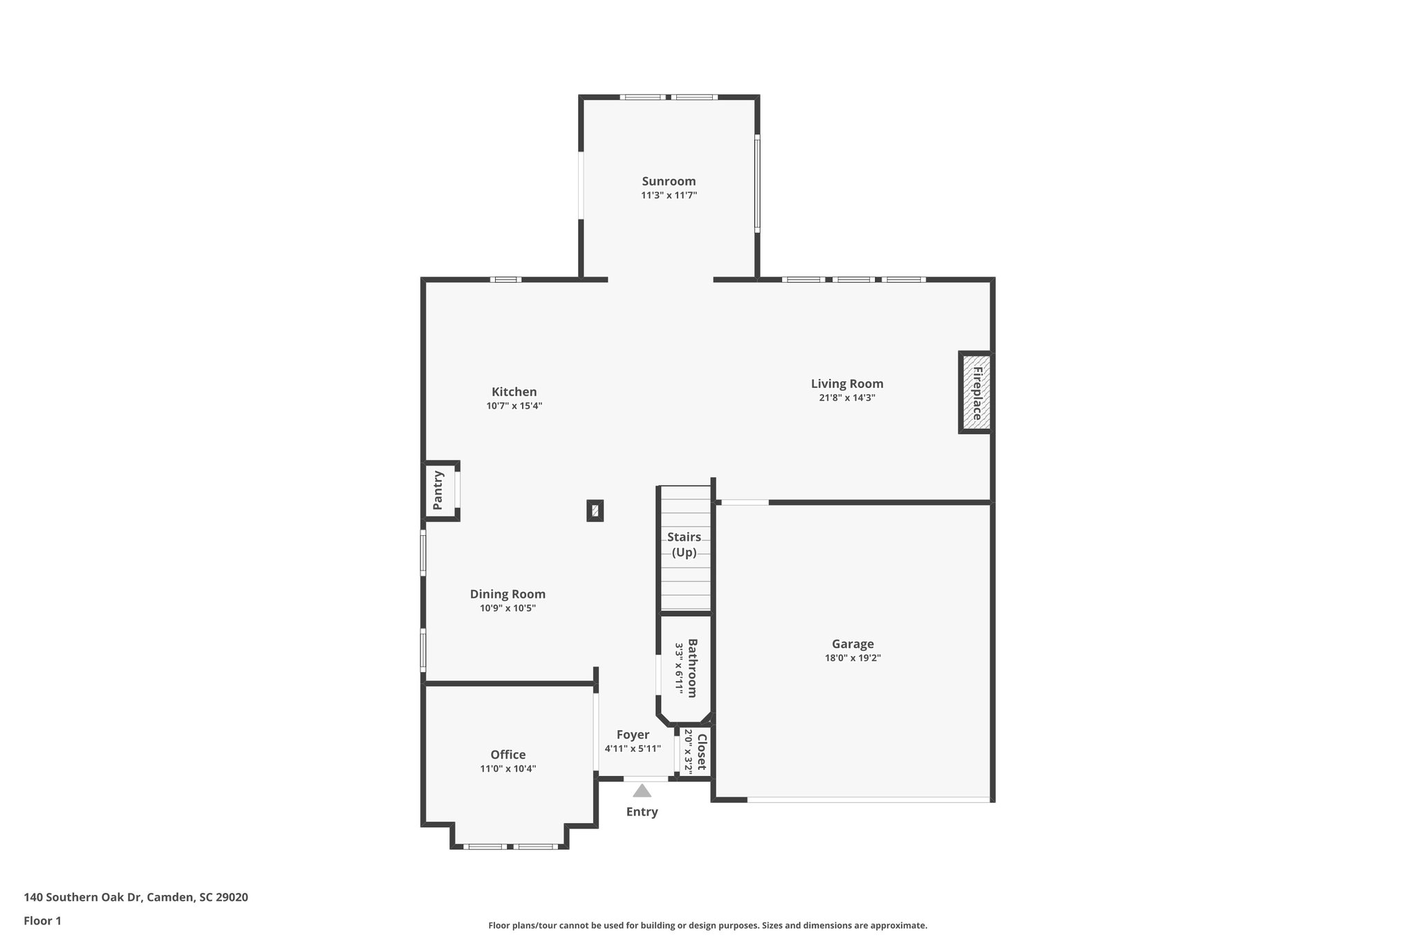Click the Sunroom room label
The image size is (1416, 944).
pyautogui.click(x=669, y=181)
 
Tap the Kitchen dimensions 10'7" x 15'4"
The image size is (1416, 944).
pyautogui.click(x=514, y=406)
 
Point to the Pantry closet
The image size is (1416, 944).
pyautogui.click(x=439, y=490)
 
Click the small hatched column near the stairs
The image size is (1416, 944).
pyautogui.click(x=595, y=511)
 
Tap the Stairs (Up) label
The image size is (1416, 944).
pyautogui.click(x=684, y=544)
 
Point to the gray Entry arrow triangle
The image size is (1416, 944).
pyautogui.click(x=642, y=790)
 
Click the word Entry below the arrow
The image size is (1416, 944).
pyautogui.click(x=642, y=812)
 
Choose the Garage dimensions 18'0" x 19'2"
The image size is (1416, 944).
pyautogui.click(x=853, y=658)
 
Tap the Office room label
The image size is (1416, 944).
pyautogui.click(x=508, y=755)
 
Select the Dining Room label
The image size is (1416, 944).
pyautogui.click(x=507, y=594)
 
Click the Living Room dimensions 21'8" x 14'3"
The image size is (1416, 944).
pyautogui.click(x=847, y=398)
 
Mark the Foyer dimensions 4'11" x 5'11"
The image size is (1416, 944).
pyautogui.click(x=633, y=748)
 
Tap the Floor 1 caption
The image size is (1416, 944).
pyautogui.click(x=42, y=921)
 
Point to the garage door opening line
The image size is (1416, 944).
pyautogui.click(x=868, y=800)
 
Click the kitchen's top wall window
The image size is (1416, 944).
pyautogui.click(x=506, y=279)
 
